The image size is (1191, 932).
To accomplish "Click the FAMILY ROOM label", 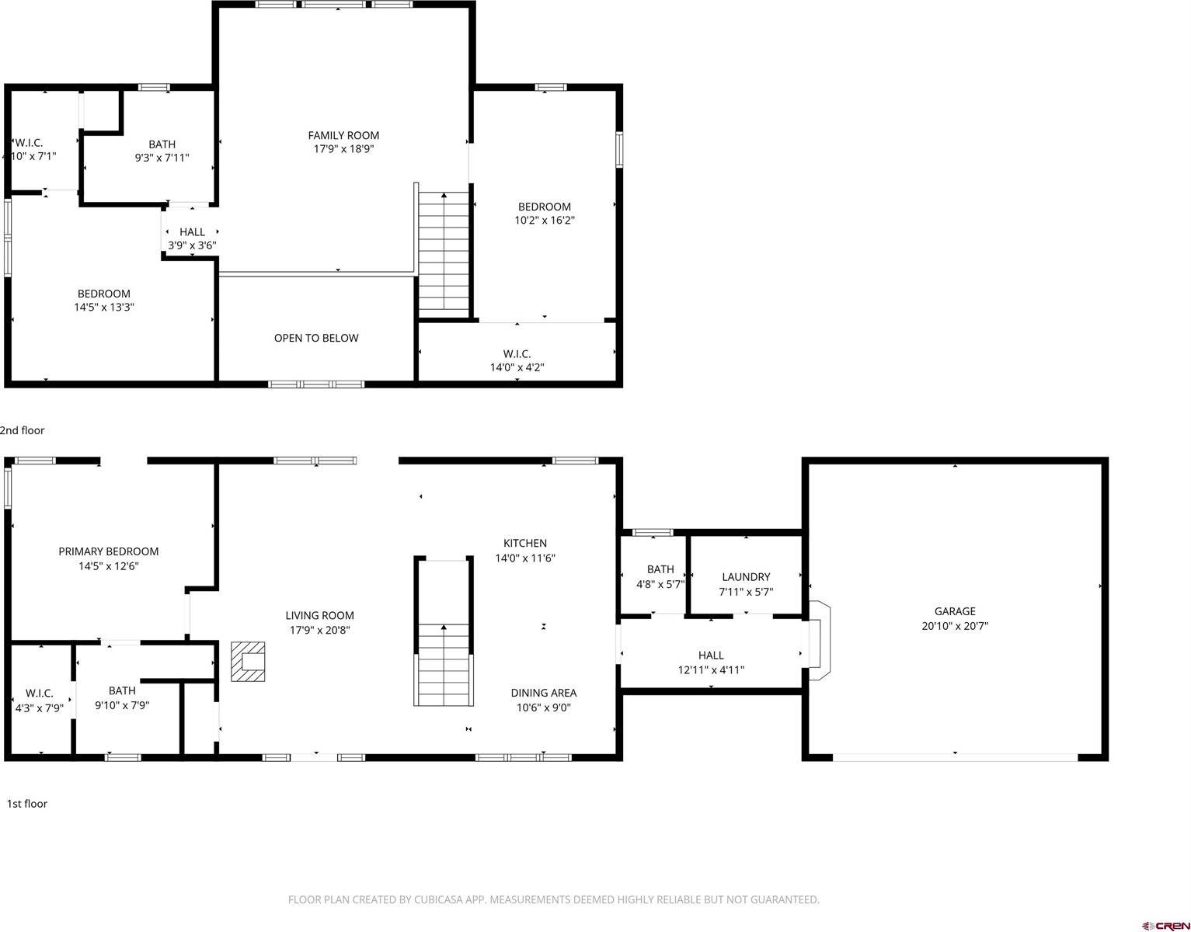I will [x=343, y=135].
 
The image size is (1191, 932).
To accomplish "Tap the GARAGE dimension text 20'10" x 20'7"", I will [x=955, y=626].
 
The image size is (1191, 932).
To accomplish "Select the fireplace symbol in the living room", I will [x=248, y=661].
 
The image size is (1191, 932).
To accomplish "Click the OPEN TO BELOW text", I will [x=316, y=338].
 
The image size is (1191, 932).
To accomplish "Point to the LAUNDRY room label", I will [x=746, y=577].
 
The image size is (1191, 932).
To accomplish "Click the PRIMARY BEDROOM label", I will [x=109, y=551].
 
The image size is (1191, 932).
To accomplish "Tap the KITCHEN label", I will [x=525, y=544].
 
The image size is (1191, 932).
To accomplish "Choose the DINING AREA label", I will [x=544, y=693].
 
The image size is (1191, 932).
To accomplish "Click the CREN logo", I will [x=1166, y=925].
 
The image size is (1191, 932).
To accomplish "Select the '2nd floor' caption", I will [x=23, y=430].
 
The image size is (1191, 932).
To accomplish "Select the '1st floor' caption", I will [x=27, y=804].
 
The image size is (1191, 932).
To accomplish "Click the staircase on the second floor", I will [x=444, y=252].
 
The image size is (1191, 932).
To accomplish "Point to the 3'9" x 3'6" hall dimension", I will [x=192, y=245].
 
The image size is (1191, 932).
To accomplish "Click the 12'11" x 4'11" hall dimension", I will [x=711, y=669].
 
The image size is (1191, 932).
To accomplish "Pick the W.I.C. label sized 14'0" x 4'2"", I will [x=517, y=354].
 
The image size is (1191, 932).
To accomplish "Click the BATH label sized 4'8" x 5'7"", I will [x=660, y=569].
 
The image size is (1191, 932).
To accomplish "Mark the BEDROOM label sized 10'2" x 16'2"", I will [x=545, y=207].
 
